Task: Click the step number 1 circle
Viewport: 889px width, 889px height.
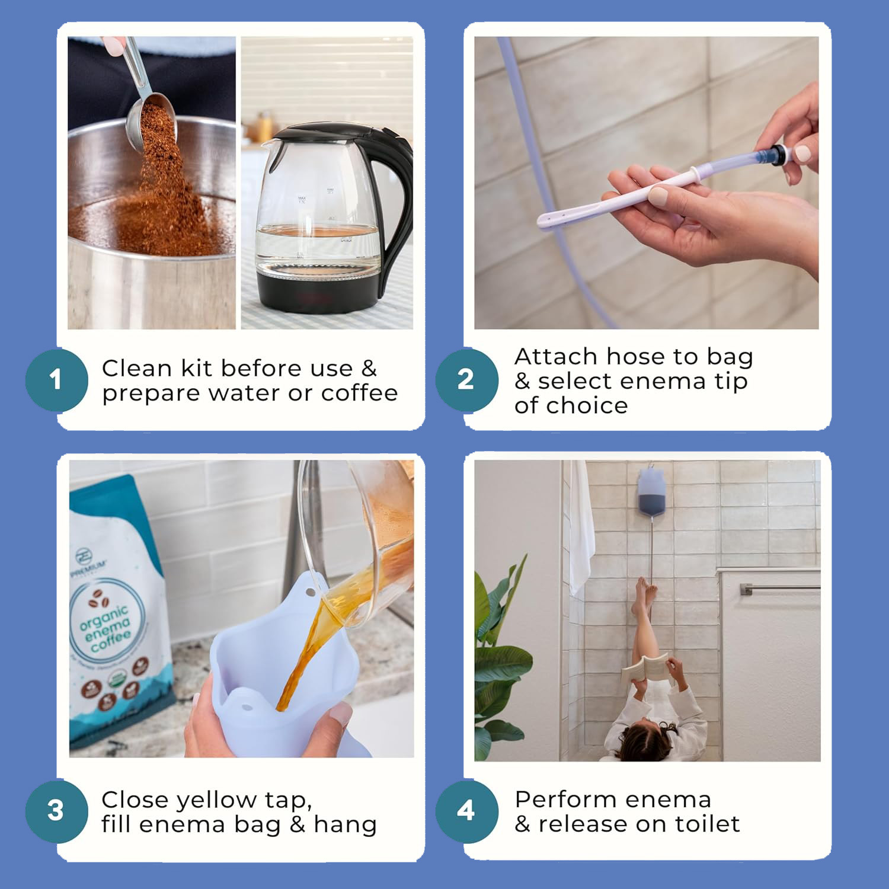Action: coord(56,380)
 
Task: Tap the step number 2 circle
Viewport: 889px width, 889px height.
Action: coord(466,380)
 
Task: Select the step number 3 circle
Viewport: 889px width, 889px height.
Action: coord(56,811)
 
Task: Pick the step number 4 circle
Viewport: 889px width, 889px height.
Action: coord(466,811)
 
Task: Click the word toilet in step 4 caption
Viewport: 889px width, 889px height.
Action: coord(705,824)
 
